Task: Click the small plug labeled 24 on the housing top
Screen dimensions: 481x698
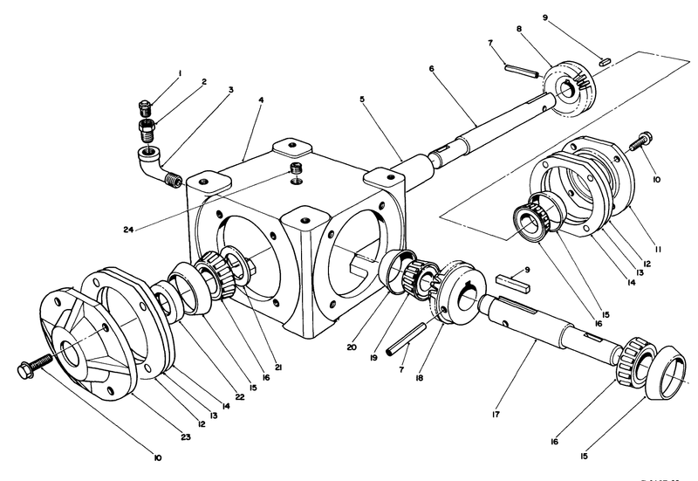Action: (296, 168)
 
